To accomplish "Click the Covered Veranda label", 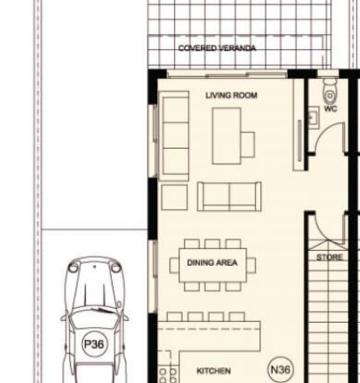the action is [218, 48].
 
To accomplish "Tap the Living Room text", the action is [232, 95].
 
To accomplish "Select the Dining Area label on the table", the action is [212, 262].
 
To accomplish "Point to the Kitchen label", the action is [214, 371].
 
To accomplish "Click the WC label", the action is [330, 108].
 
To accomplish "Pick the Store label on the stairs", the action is [329, 257].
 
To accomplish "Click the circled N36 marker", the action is [280, 370].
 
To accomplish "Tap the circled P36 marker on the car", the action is [93, 344].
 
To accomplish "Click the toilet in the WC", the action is [330, 90].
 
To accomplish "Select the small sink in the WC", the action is [314, 117].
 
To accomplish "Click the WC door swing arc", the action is [323, 130].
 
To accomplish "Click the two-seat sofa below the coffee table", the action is [229, 196].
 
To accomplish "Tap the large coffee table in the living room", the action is [226, 136].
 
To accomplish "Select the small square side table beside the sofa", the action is [174, 197].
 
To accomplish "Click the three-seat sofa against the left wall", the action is [174, 136].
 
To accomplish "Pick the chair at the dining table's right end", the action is [251, 265].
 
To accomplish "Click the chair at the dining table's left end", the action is [174, 265].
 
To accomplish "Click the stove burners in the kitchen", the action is [168, 375].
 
